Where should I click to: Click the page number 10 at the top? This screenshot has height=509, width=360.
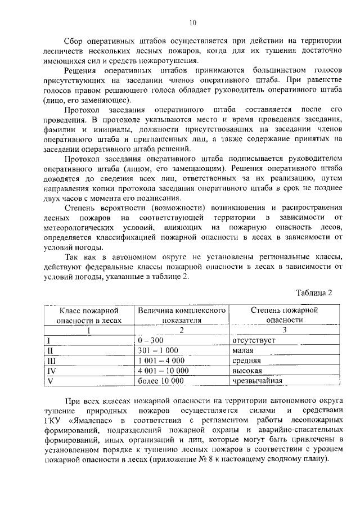point(192,23)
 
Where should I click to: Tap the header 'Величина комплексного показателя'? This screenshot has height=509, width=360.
point(182,315)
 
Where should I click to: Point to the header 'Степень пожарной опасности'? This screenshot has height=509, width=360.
point(285,315)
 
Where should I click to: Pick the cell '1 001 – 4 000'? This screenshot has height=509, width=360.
point(161,361)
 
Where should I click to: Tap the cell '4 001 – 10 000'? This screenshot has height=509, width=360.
point(163,371)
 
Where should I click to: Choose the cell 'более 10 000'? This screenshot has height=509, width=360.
point(161,381)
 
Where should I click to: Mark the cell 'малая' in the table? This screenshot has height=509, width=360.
point(244,350)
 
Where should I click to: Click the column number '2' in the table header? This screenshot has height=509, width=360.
point(181,330)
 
